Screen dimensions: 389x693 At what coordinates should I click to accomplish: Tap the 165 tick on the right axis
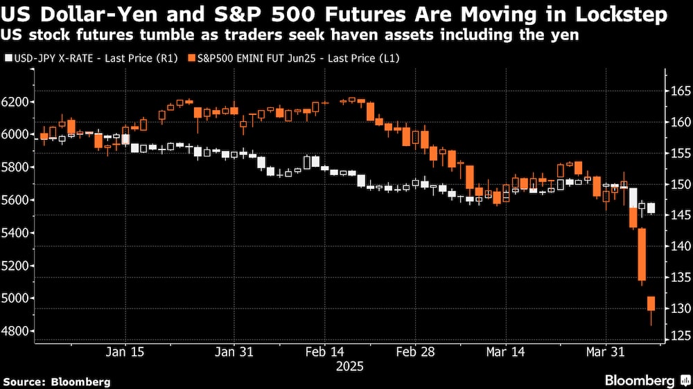click(x=679, y=91)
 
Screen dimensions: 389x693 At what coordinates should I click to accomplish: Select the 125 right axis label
click(x=679, y=337)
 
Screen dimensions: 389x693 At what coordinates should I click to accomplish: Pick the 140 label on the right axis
click(x=679, y=246)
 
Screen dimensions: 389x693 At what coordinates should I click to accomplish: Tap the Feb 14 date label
click(x=324, y=352)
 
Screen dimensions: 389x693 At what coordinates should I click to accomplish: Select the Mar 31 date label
click(x=606, y=352)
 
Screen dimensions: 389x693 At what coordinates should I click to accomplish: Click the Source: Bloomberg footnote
click(x=56, y=381)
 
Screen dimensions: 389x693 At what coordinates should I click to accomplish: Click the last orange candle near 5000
click(x=651, y=303)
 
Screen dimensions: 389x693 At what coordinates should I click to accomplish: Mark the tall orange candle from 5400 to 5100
click(x=642, y=254)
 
